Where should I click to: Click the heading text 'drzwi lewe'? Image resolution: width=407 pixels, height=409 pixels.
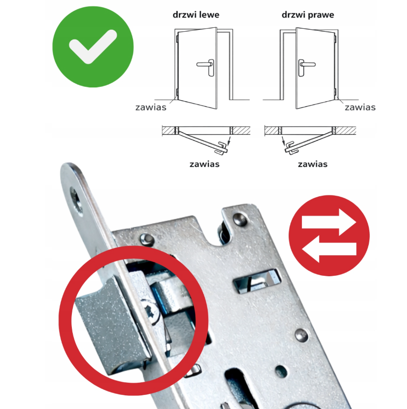[x=196, y=15]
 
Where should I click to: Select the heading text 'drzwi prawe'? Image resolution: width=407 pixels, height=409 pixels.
[x=308, y=15]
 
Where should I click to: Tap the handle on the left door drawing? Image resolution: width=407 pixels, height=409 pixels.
[x=206, y=67]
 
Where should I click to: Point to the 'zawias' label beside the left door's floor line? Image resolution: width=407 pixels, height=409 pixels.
[x=151, y=107]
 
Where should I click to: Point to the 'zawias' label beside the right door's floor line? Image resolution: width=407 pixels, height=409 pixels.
[x=360, y=107]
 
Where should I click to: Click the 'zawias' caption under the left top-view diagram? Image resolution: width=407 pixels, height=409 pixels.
[x=204, y=164]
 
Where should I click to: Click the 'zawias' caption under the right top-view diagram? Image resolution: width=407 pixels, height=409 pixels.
[x=313, y=164]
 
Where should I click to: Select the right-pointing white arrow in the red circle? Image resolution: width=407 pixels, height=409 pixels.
[x=329, y=222]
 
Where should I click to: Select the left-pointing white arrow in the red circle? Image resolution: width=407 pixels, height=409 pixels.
[x=329, y=249]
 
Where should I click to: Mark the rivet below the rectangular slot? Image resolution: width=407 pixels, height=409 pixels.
[x=301, y=336]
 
